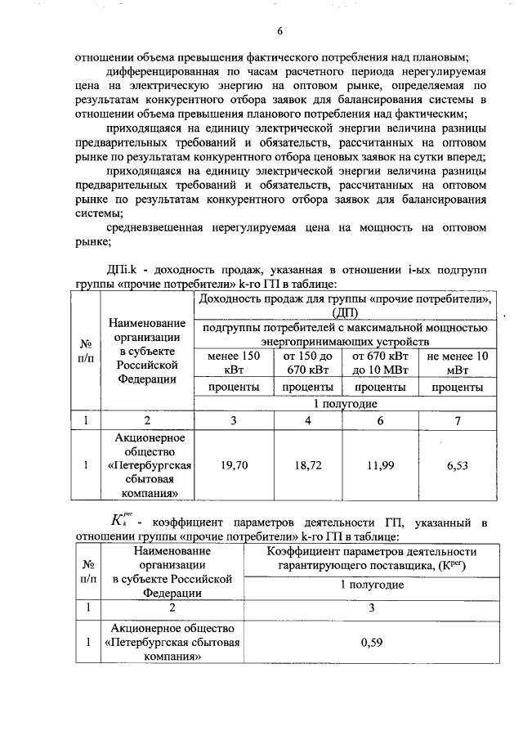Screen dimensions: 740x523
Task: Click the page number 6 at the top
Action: tap(279, 32)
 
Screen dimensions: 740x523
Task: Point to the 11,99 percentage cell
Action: tap(382, 465)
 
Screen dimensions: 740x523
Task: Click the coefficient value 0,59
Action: tap(372, 643)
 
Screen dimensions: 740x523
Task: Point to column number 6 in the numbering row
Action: tap(382, 420)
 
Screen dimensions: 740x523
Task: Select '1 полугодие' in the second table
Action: tap(372, 585)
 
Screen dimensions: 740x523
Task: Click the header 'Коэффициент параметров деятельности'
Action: tap(372, 552)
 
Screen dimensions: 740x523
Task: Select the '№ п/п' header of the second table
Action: tap(86, 571)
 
